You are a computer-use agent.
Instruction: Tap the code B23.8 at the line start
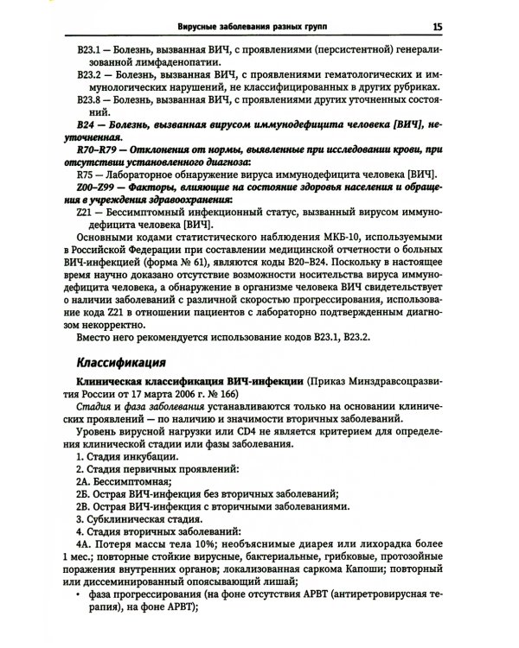(x=91, y=100)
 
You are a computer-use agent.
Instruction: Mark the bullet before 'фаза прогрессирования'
(x=79, y=594)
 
